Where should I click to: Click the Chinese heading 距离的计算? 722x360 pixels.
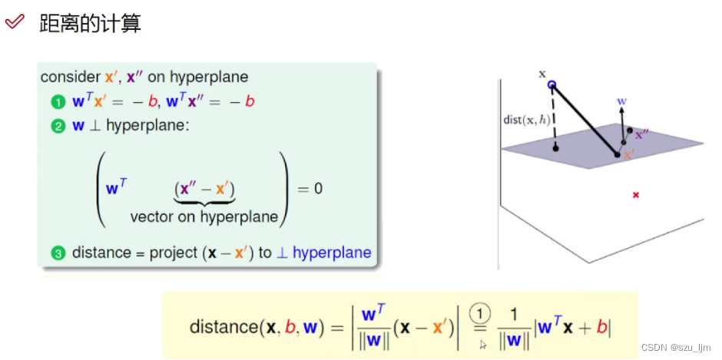click(x=90, y=23)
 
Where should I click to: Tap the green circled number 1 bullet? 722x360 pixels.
click(x=58, y=101)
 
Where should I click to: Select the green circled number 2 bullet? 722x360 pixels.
click(x=58, y=127)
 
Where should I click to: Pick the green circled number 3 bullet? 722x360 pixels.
click(x=58, y=253)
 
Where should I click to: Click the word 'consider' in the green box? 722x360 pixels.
click(x=70, y=77)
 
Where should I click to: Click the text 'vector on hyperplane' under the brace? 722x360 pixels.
click(x=204, y=216)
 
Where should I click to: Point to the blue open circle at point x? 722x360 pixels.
click(x=551, y=84)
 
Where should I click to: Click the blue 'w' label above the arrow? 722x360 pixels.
click(x=622, y=100)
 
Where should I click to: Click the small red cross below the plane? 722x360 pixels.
click(x=635, y=195)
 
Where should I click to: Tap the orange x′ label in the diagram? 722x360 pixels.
click(x=630, y=154)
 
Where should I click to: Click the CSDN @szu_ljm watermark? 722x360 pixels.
click(x=674, y=347)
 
